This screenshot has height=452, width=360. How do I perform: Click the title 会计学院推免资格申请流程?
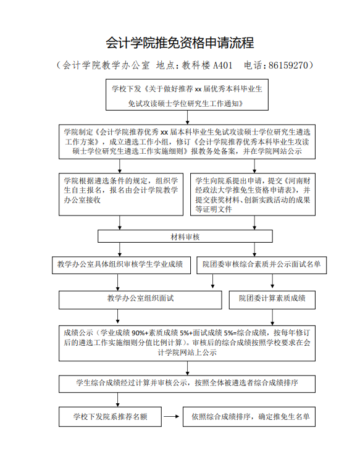[x=180, y=43]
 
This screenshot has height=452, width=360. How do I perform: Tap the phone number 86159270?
[x=288, y=65]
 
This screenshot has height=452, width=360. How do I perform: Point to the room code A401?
[x=223, y=65]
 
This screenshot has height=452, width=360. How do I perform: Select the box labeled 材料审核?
[x=185, y=236]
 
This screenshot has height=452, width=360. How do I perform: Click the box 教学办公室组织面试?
[x=140, y=300]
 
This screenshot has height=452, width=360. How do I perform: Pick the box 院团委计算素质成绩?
[x=272, y=300]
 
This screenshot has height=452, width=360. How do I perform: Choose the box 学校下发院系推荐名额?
[x=110, y=417]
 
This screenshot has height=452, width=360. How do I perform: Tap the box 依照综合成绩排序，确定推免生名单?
[x=249, y=417]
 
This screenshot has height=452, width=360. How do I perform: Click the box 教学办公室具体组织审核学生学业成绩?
[x=122, y=265]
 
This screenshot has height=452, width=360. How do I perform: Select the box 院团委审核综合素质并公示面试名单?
[x=261, y=265]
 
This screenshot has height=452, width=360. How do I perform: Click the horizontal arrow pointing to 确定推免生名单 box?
[x=172, y=417]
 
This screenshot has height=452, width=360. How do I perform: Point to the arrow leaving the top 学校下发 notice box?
[x=187, y=117]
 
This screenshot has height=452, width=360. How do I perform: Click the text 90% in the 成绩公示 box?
[x=138, y=333]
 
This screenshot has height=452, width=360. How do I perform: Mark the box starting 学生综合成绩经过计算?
[x=187, y=383]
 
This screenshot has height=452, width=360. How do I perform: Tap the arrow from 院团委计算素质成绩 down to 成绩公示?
[x=272, y=317]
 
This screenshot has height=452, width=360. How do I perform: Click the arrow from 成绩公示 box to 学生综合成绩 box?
[x=187, y=368]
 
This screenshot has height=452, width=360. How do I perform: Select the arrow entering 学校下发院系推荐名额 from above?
[x=117, y=400]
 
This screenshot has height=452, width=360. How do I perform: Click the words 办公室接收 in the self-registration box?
[x=82, y=200]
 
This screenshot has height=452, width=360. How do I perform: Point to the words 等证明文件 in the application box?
[x=214, y=209]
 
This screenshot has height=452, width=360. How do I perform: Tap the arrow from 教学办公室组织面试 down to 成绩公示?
[x=117, y=316]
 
